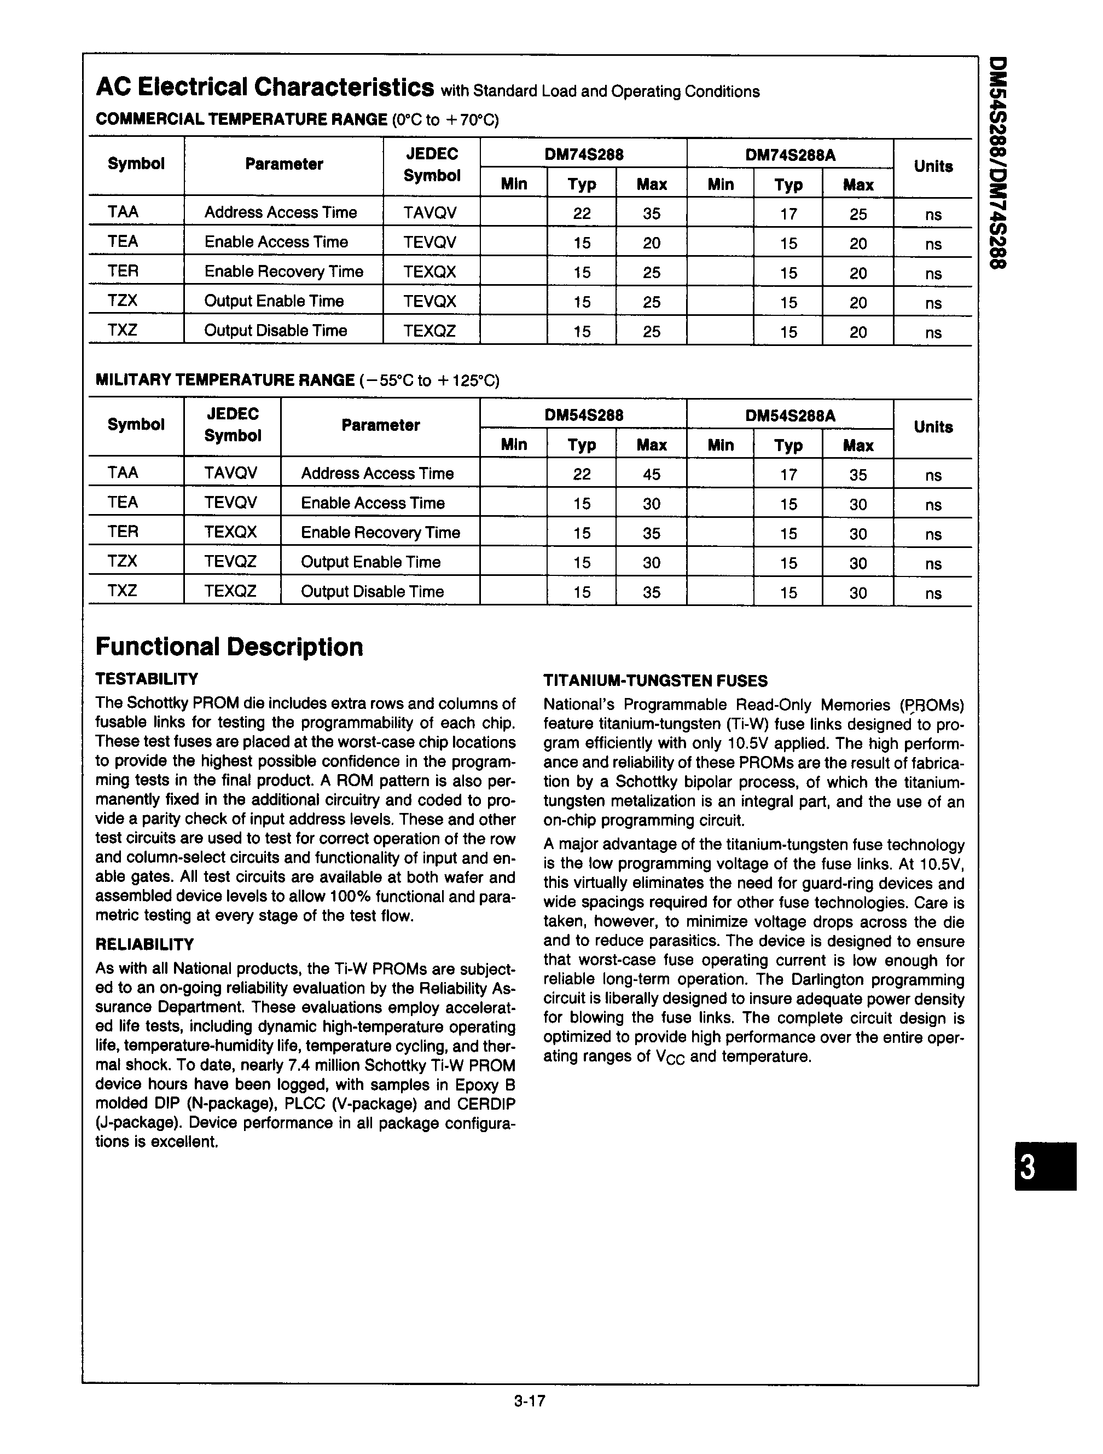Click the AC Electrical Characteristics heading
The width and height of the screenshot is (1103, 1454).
265,88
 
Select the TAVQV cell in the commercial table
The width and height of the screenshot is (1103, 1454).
429,213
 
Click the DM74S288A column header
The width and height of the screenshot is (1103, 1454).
789,155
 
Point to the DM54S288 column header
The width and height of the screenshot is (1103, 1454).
583,416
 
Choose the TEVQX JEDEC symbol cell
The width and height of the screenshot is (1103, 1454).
429,302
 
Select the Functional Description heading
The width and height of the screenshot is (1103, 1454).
229,648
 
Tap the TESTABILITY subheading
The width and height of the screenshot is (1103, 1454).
147,679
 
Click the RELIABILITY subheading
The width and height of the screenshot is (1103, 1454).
144,944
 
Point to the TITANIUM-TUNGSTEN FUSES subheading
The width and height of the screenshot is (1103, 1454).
655,681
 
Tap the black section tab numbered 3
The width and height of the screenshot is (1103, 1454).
1044,1167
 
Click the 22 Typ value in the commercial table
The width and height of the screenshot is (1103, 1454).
582,214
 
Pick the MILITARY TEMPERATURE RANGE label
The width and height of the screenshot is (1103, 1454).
225,380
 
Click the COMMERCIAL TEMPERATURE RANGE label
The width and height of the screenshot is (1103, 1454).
241,120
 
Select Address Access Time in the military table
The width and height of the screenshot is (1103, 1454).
377,474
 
